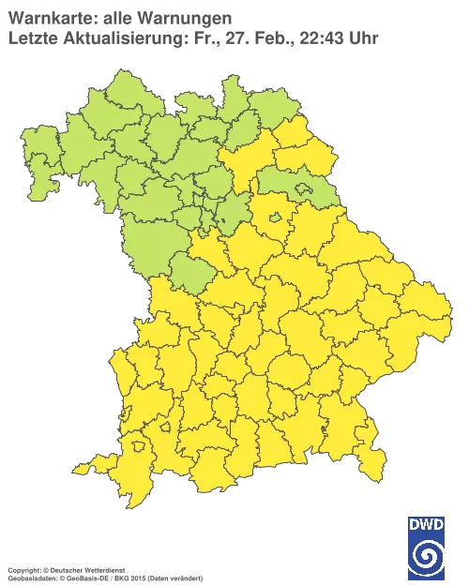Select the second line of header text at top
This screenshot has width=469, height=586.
pos(192,37)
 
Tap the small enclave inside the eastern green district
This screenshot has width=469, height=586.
pos(306,191)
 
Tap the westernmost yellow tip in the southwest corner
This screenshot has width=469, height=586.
pos(77,469)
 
